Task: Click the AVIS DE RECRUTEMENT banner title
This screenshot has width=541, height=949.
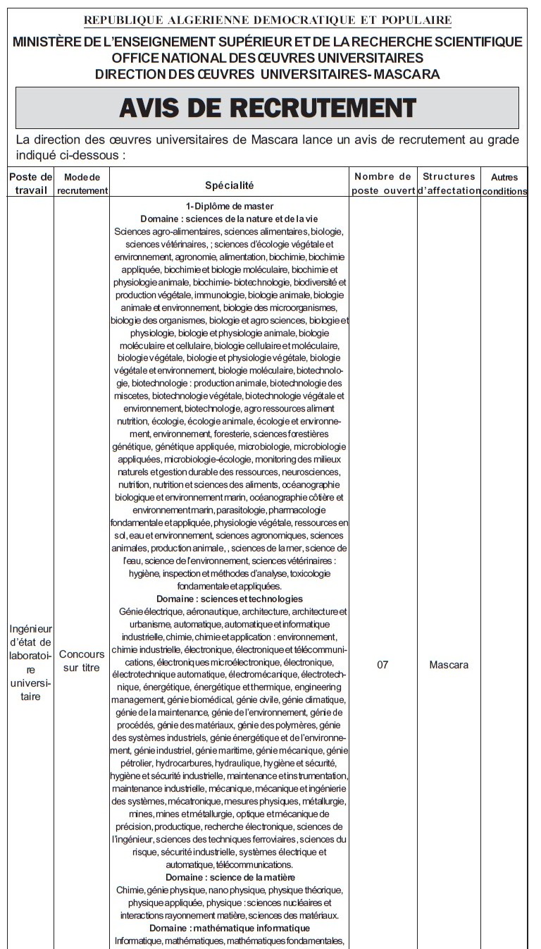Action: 267,108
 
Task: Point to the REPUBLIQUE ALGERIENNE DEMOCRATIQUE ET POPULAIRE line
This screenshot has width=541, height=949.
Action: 268,20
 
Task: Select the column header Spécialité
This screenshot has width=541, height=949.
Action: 230,185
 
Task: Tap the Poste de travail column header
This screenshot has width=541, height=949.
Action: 30,183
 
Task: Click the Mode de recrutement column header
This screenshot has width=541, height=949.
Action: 82,183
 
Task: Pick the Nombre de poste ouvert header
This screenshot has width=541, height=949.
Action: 383,183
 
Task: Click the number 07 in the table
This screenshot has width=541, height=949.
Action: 383,664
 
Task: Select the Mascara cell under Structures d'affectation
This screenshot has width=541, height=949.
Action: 449,664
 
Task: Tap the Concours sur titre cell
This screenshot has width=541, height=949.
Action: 82,661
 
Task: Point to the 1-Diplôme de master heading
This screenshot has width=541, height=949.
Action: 230,207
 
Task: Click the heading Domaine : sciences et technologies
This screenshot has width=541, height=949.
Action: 230,599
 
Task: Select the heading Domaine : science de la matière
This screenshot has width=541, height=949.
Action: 230,877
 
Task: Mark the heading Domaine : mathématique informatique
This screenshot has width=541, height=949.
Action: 230,928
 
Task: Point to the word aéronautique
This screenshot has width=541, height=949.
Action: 193,611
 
